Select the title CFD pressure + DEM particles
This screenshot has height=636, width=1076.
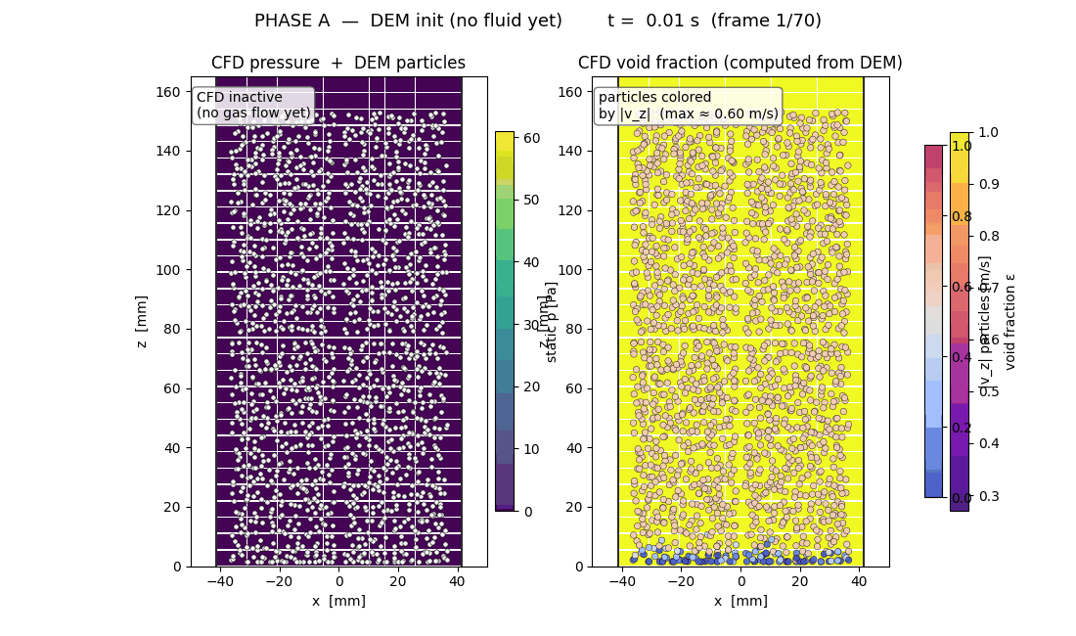[x=338, y=64]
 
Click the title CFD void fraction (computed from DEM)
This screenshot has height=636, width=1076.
[x=740, y=64]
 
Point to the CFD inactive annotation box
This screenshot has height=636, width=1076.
[x=253, y=105]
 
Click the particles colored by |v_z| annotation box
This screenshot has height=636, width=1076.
[x=688, y=106]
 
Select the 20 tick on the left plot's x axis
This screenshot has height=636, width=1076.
[x=398, y=582]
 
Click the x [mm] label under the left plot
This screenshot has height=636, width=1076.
[x=338, y=601]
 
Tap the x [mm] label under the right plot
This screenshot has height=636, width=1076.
[x=740, y=601]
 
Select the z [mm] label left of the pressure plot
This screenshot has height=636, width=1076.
[x=142, y=322]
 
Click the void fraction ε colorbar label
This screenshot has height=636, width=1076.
[x=1010, y=321]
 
